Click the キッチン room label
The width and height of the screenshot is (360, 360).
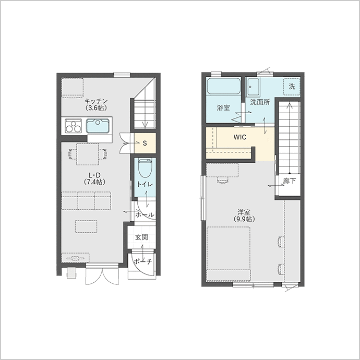96,101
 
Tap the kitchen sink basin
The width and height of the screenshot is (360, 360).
98,126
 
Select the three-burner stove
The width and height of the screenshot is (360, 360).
73,126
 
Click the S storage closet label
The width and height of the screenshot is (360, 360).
145,143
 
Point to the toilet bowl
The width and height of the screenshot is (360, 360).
146,169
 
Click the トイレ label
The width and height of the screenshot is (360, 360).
145,184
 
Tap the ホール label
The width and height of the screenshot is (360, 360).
145,215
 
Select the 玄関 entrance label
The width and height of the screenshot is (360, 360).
141,237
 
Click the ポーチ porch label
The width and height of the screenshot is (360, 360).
142,261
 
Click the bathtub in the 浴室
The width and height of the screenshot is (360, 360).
224,86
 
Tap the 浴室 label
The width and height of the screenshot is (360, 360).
223,107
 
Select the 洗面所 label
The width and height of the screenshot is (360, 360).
260,102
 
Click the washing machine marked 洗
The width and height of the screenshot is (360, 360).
292,87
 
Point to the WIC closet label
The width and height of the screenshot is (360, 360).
240,137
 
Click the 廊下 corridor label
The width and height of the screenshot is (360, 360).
289,181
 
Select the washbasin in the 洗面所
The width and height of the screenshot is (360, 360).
253,87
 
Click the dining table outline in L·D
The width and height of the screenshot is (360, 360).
88,154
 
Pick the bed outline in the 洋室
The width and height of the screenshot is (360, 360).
229,254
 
